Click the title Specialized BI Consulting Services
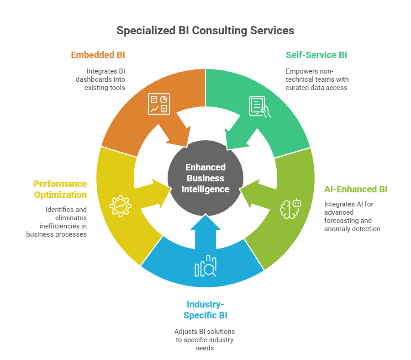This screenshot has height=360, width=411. pos(205,31)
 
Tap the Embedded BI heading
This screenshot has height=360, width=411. pos(98,55)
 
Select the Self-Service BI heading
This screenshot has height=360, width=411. pos(316,55)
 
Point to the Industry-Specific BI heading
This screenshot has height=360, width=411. pos(205,310)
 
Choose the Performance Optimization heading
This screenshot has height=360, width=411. pos(60,189)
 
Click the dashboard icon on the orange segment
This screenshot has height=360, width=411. pos(159,104)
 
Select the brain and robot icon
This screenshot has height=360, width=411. pos(291,208)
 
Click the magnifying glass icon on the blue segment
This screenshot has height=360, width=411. pos(206,267)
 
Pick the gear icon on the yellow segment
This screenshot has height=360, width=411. pos(121,206)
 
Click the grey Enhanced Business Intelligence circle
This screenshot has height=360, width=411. pos(205,178)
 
